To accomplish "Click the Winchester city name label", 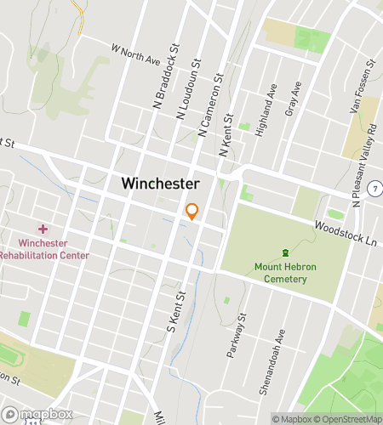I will click(160, 183).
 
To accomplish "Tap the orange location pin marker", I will click(192, 212).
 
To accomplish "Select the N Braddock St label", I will click(166, 65).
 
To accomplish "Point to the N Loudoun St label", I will click(187, 88).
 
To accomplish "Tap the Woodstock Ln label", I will click(345, 234).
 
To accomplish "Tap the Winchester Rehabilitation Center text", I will click(43, 249).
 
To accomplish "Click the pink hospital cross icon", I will click(43, 229).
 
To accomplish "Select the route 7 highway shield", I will click(374, 187).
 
